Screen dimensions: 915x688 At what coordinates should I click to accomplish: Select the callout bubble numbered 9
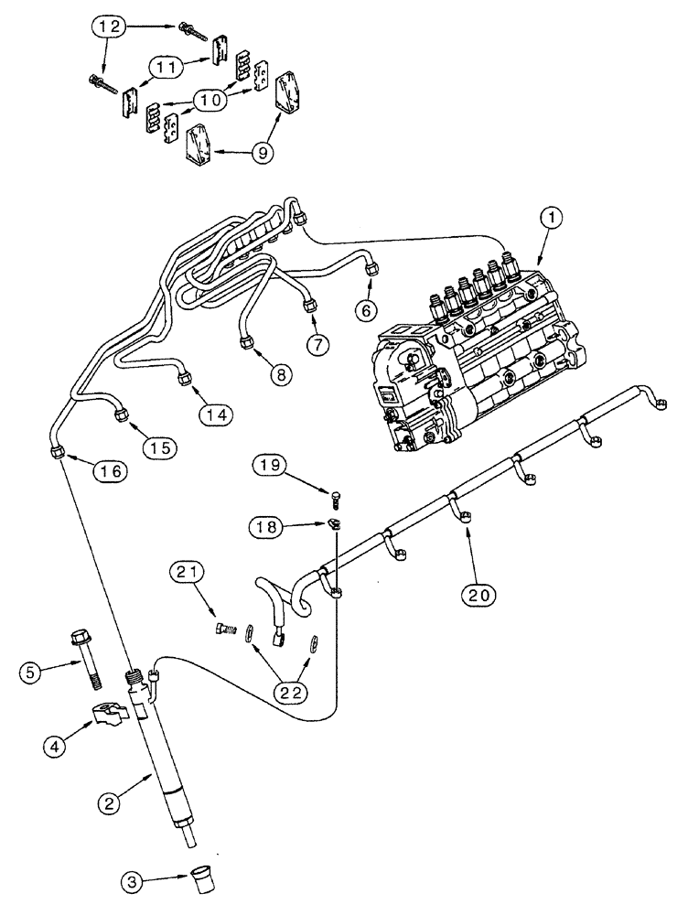pyautogui.click(x=237, y=154)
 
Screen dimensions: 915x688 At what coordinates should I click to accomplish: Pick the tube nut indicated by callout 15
pyautogui.click(x=121, y=416)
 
